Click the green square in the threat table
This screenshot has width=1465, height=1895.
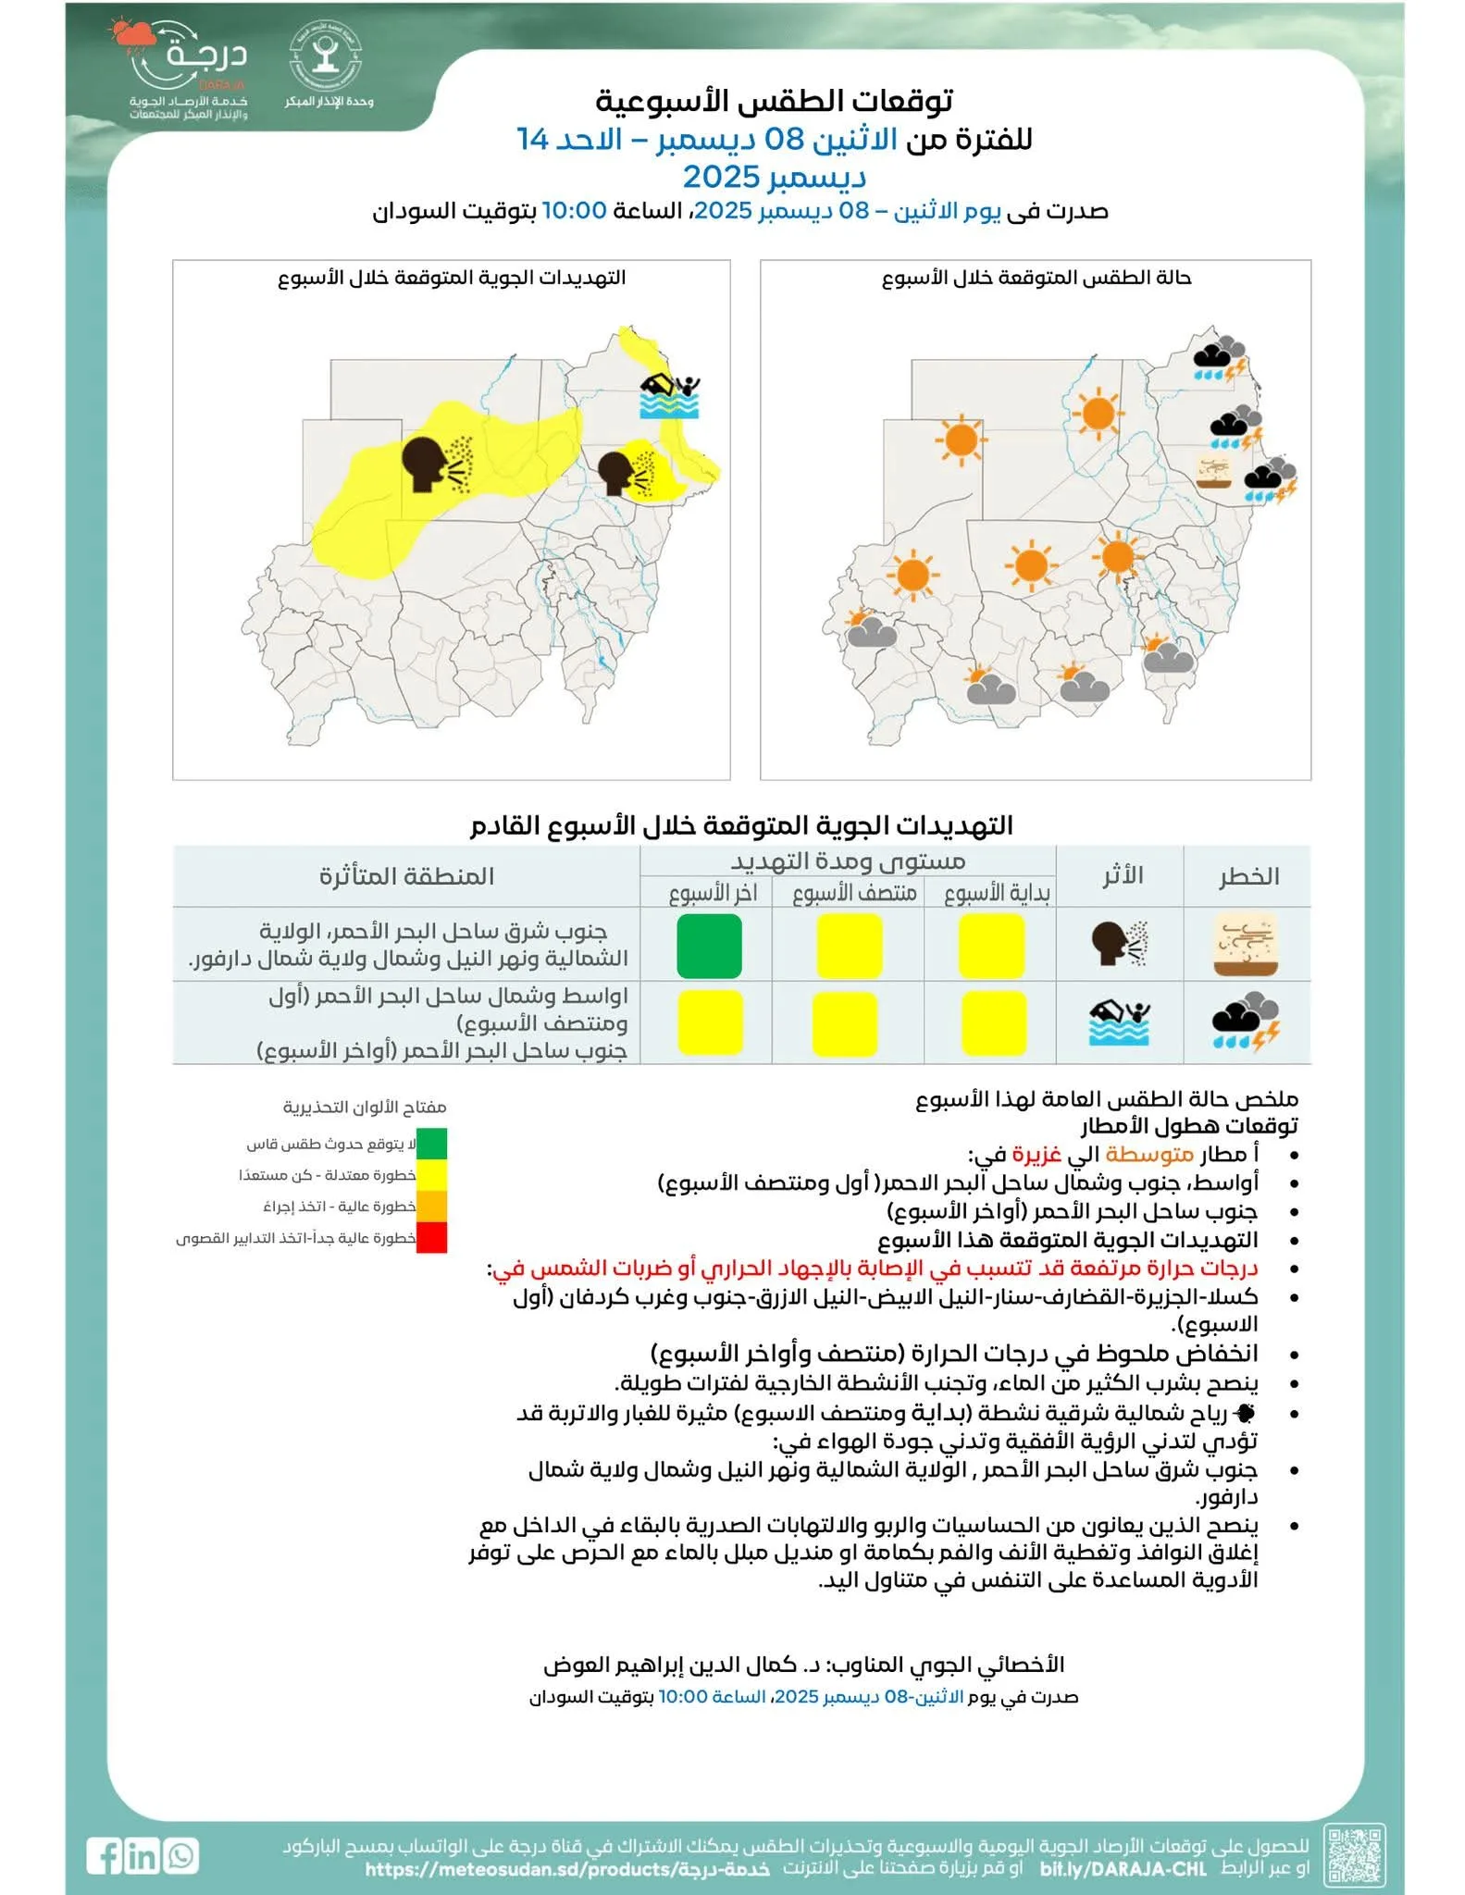pos(709,946)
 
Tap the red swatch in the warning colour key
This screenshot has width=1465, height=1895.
pos(431,1237)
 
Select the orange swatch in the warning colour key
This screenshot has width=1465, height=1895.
pos(431,1206)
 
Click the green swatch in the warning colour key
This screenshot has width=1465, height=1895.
pos(431,1144)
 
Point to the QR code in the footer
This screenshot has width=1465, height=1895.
pos(1355,1854)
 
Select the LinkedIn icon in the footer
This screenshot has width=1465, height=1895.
pos(143,1856)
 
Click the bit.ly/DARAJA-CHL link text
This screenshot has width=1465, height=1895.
pos(1123,1869)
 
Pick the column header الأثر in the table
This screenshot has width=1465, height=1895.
pos(1122,875)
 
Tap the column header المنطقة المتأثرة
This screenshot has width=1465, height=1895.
pos(406,876)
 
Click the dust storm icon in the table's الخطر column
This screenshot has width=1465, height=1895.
pos(1246,946)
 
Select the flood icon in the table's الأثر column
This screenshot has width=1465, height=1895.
pos(1120,1022)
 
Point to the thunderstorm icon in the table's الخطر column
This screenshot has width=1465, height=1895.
pos(1246,1022)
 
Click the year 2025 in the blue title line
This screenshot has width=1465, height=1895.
pos(720,176)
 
